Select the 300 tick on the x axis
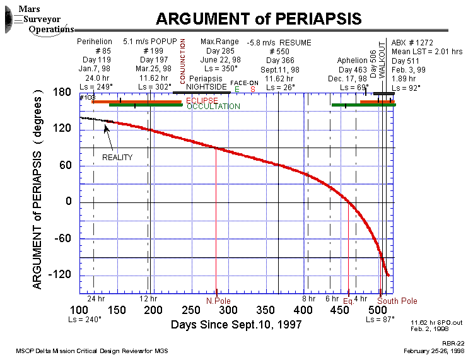(x=228, y=311)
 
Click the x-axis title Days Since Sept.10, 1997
(x=236, y=325)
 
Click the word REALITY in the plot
(x=117, y=157)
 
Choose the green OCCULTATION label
(x=213, y=107)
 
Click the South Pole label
(x=397, y=301)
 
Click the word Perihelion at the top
(x=94, y=42)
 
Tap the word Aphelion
(x=353, y=61)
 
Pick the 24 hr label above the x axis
(x=96, y=298)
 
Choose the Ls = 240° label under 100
(x=84, y=320)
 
